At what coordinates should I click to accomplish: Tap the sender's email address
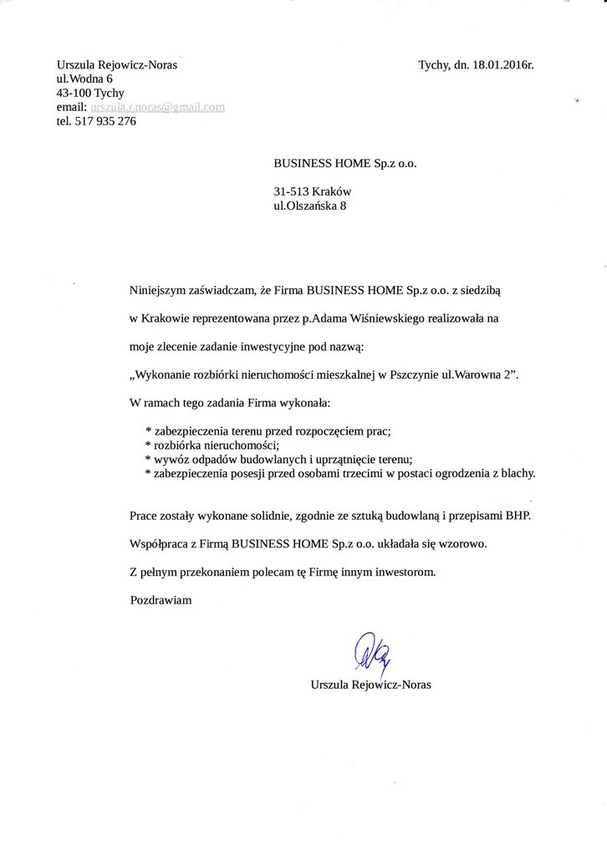158,107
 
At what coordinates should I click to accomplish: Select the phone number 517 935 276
105,121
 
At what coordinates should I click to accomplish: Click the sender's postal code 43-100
74,93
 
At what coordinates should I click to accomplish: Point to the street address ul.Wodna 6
84,79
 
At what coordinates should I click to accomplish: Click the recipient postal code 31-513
291,191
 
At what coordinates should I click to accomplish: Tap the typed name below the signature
370,685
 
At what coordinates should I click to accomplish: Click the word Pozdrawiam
161,599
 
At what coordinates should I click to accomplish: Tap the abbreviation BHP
517,514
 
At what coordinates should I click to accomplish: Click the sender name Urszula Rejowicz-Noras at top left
117,64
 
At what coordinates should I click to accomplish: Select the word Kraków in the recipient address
331,191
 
